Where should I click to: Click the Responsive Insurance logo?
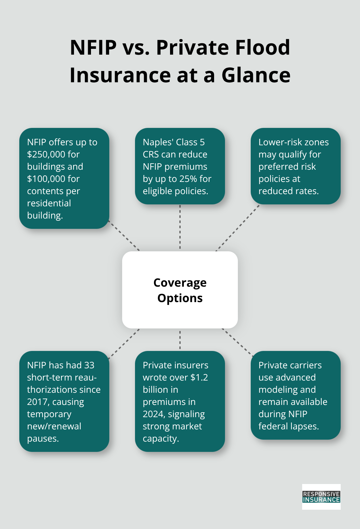click(321, 497)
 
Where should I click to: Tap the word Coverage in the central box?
click(180, 283)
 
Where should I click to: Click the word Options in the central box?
click(180, 298)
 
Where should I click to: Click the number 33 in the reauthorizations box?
click(89, 365)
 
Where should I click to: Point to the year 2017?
click(37, 402)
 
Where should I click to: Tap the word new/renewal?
click(54, 426)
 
